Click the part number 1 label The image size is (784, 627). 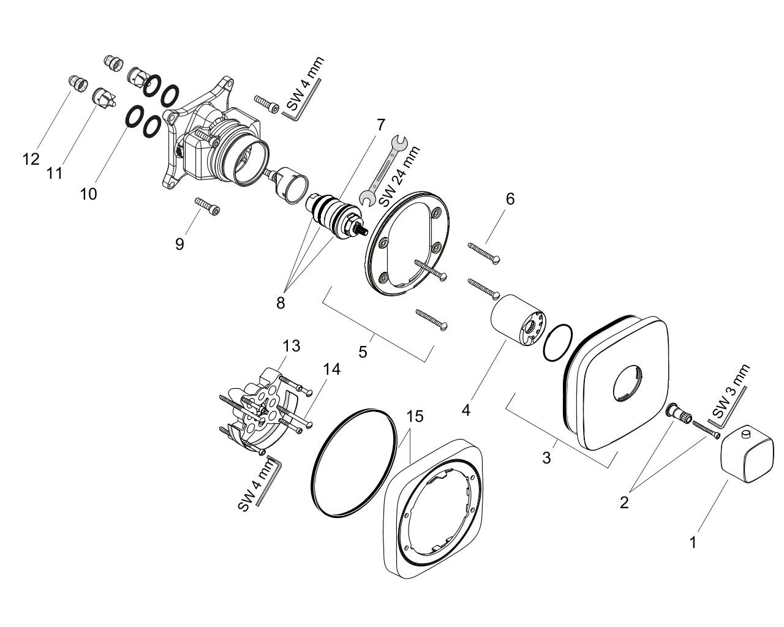[x=693, y=543]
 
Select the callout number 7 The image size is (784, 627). [x=380, y=125]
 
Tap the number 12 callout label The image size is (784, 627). [x=31, y=159]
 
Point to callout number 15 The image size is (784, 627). [x=415, y=416]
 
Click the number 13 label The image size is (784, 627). [x=292, y=346]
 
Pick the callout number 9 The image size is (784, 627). [x=179, y=244]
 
